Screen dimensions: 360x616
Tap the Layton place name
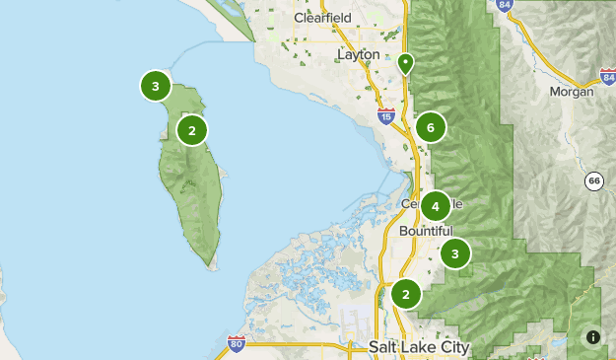point(357,54)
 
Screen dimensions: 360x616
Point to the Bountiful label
point(426,230)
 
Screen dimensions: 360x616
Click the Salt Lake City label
point(419,347)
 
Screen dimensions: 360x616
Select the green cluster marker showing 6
point(431,126)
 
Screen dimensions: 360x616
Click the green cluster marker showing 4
point(435,206)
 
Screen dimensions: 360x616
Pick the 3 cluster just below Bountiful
point(454,253)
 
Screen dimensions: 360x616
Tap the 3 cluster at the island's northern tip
point(156,87)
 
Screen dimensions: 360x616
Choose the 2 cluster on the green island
point(192,129)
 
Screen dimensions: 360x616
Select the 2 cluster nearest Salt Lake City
point(405,294)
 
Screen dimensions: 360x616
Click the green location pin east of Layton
point(405,64)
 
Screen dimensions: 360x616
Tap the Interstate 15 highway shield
point(385,116)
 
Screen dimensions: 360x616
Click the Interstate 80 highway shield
point(236,342)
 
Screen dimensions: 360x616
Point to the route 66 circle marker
point(593,180)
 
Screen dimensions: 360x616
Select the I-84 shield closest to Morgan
point(607,75)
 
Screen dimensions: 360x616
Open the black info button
point(593,337)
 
